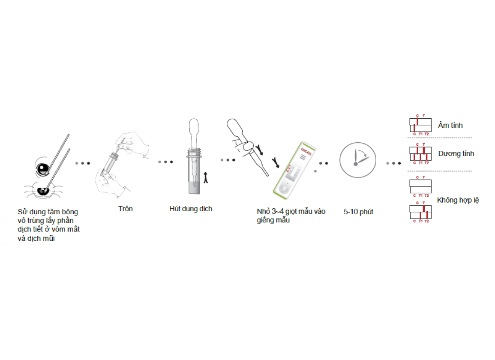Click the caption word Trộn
[126, 209]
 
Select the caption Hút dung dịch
[191, 209]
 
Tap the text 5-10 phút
[358, 212]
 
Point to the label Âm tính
[450, 126]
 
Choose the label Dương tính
[456, 153]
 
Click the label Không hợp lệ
[458, 200]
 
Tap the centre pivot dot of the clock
[355, 164]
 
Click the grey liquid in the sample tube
[194, 187]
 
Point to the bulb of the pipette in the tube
[194, 129]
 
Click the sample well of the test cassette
[284, 189]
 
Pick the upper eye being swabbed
[43, 170]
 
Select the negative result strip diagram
[420, 125]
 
